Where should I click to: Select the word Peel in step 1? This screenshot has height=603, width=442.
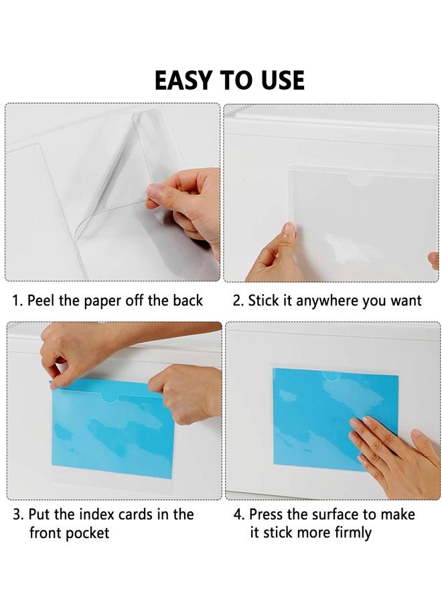click(42, 301)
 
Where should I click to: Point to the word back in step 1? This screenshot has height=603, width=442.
click(188, 301)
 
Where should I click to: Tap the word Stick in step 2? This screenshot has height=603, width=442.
click(263, 301)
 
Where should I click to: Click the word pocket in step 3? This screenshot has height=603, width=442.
click(88, 533)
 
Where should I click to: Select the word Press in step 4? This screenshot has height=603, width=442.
click(267, 515)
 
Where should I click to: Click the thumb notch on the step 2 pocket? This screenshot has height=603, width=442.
click(360, 180)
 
